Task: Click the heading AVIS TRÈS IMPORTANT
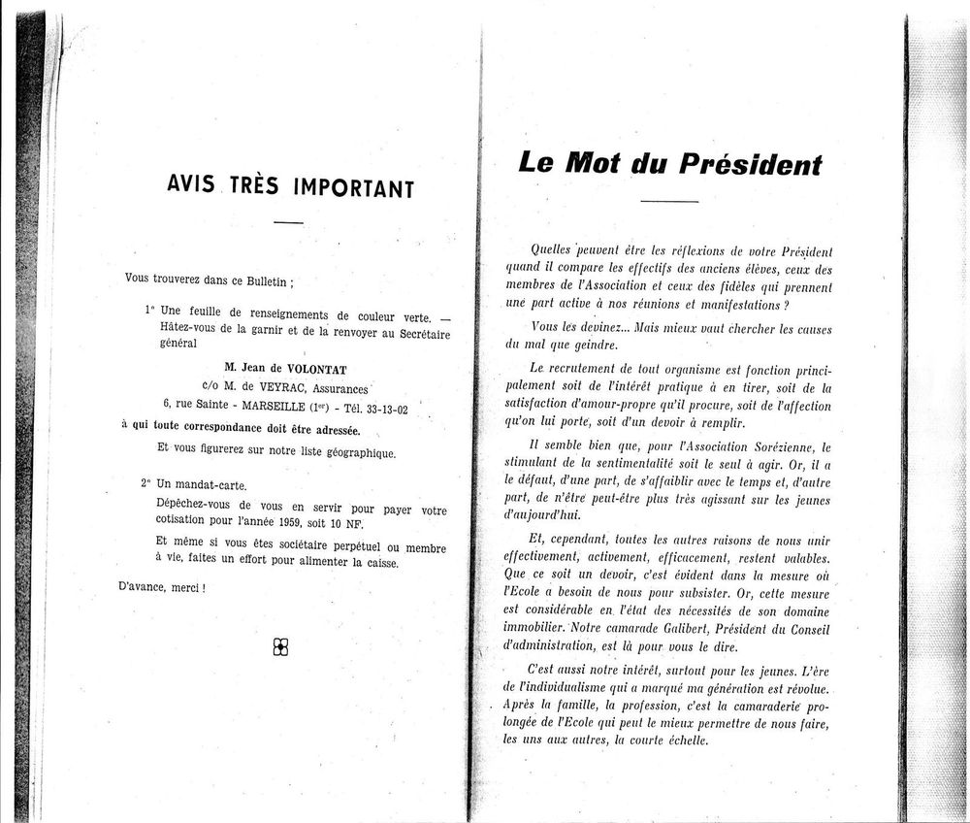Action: pyautogui.click(x=290, y=184)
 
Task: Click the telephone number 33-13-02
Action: pyautogui.click(x=391, y=408)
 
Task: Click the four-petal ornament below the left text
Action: pyautogui.click(x=281, y=647)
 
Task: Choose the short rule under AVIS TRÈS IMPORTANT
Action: pyautogui.click(x=288, y=224)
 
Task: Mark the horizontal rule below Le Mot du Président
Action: pyautogui.click(x=669, y=201)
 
